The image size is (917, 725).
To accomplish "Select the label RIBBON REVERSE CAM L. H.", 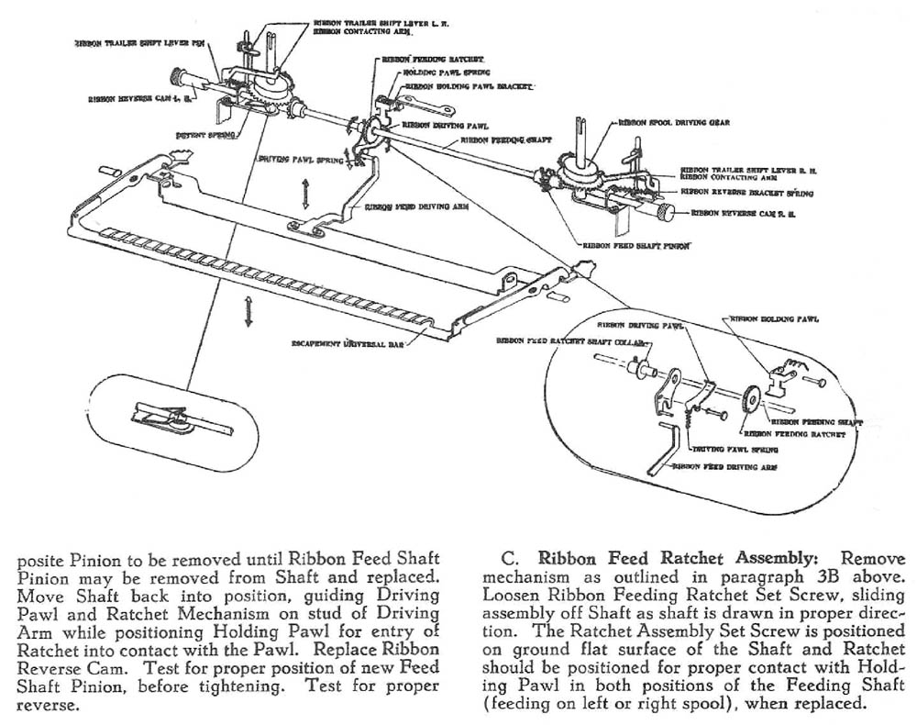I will [140, 96].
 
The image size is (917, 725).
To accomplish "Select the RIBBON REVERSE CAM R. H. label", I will [742, 213].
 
